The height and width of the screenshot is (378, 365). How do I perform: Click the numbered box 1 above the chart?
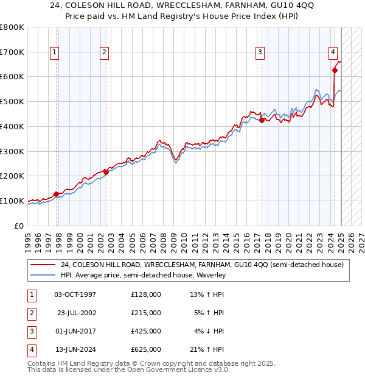click(x=55, y=53)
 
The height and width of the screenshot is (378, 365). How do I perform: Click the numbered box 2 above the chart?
click(x=105, y=53)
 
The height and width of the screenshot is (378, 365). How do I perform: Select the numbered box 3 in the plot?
click(x=260, y=53)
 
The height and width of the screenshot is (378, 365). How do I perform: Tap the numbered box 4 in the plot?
click(x=333, y=53)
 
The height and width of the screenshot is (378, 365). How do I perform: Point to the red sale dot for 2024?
click(x=335, y=70)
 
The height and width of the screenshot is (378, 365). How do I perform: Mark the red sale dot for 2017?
click(x=262, y=120)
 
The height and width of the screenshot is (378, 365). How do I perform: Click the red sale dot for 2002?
click(x=106, y=172)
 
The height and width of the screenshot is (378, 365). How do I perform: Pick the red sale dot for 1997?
click(x=56, y=194)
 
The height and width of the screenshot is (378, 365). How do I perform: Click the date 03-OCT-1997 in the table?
click(x=75, y=294)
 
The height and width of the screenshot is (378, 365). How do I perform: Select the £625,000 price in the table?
click(x=146, y=349)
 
